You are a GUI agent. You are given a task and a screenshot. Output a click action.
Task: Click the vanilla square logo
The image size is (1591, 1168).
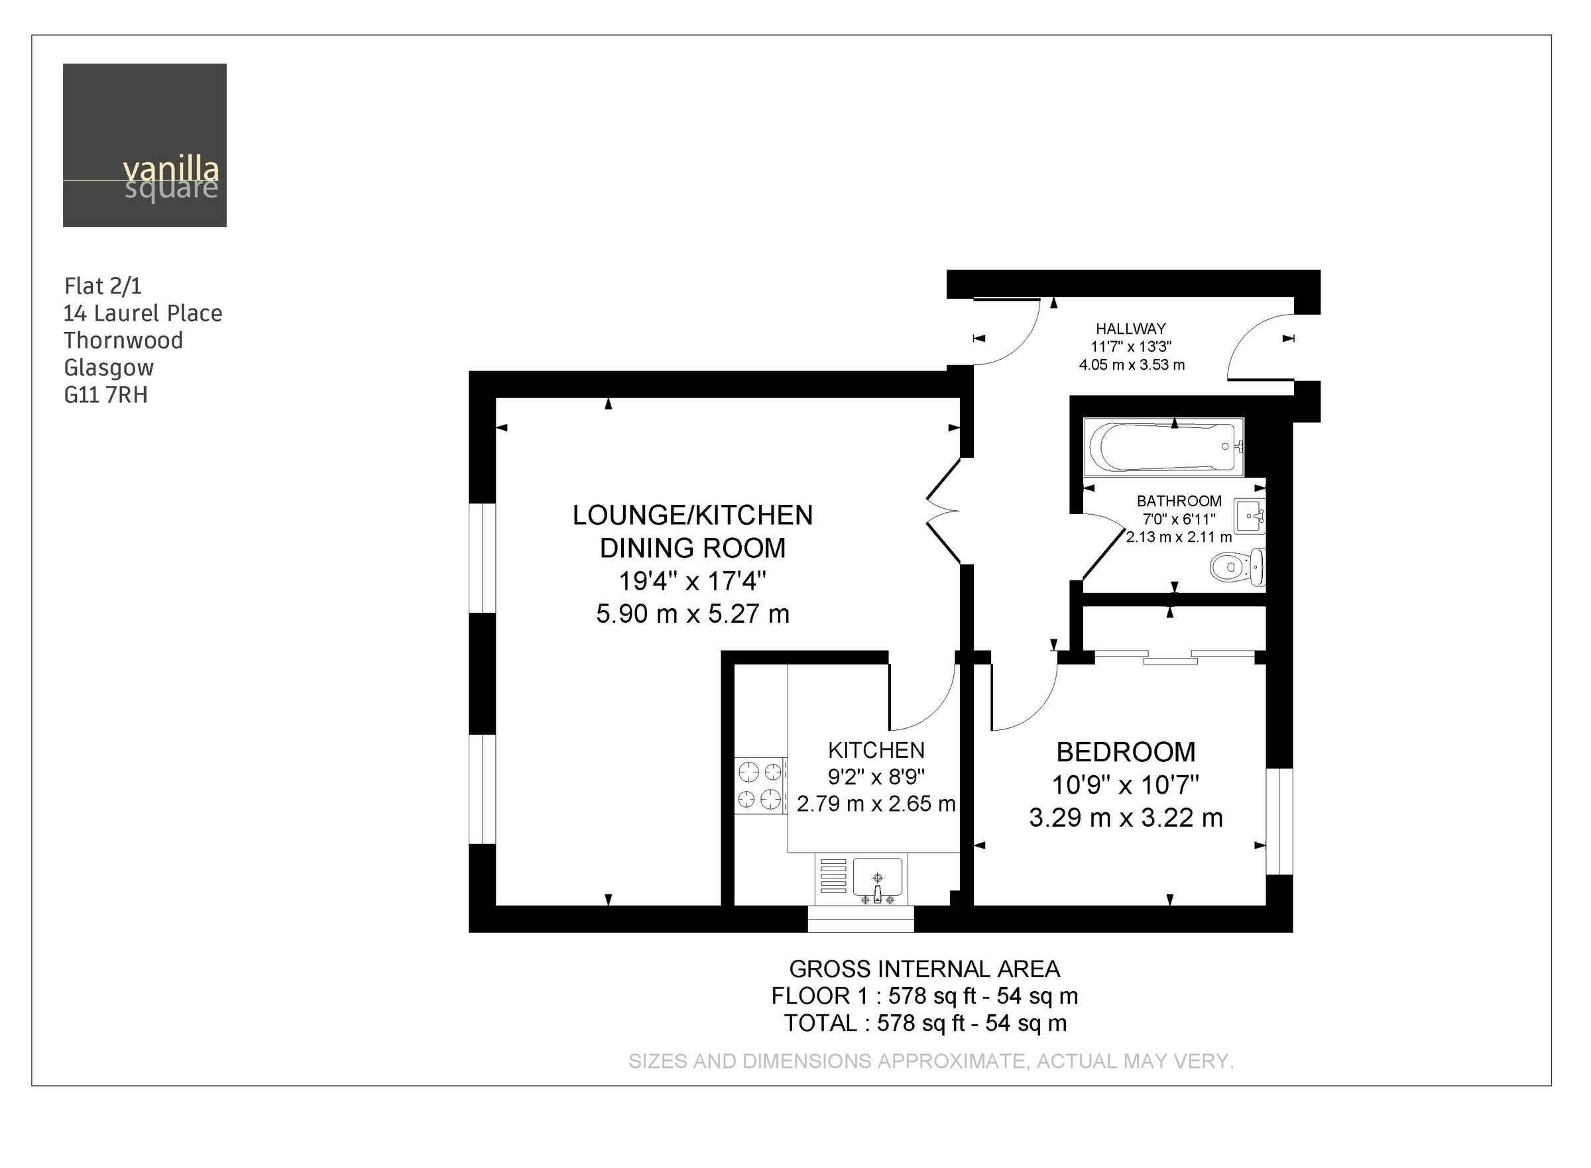[x=145, y=145]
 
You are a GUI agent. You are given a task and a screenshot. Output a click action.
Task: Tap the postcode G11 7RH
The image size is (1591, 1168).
[x=105, y=394]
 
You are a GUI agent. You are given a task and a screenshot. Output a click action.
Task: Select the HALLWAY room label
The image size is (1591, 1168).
[x=1130, y=329]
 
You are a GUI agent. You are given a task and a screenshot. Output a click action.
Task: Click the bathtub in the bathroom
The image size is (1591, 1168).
[x=1163, y=447]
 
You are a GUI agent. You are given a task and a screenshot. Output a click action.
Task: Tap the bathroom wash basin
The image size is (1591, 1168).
[x=1249, y=515]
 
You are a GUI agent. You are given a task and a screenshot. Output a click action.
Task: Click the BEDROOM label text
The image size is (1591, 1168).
[x=1126, y=751]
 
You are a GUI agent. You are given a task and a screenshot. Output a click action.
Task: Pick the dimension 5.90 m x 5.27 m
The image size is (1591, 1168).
[x=693, y=613]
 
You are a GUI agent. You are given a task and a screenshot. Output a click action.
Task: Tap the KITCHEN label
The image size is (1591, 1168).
[x=876, y=750]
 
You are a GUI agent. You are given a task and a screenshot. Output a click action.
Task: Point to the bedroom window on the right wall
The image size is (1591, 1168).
[x=1278, y=821]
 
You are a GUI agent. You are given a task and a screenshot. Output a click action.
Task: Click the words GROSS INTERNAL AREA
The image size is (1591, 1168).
[x=924, y=969]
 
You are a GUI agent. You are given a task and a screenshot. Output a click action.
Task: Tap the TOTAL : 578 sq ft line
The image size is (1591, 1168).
[x=924, y=1023]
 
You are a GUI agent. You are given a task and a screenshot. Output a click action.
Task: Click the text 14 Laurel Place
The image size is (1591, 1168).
[x=143, y=313]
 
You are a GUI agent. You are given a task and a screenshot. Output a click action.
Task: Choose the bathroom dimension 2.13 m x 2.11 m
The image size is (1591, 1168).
[x=1179, y=537]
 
